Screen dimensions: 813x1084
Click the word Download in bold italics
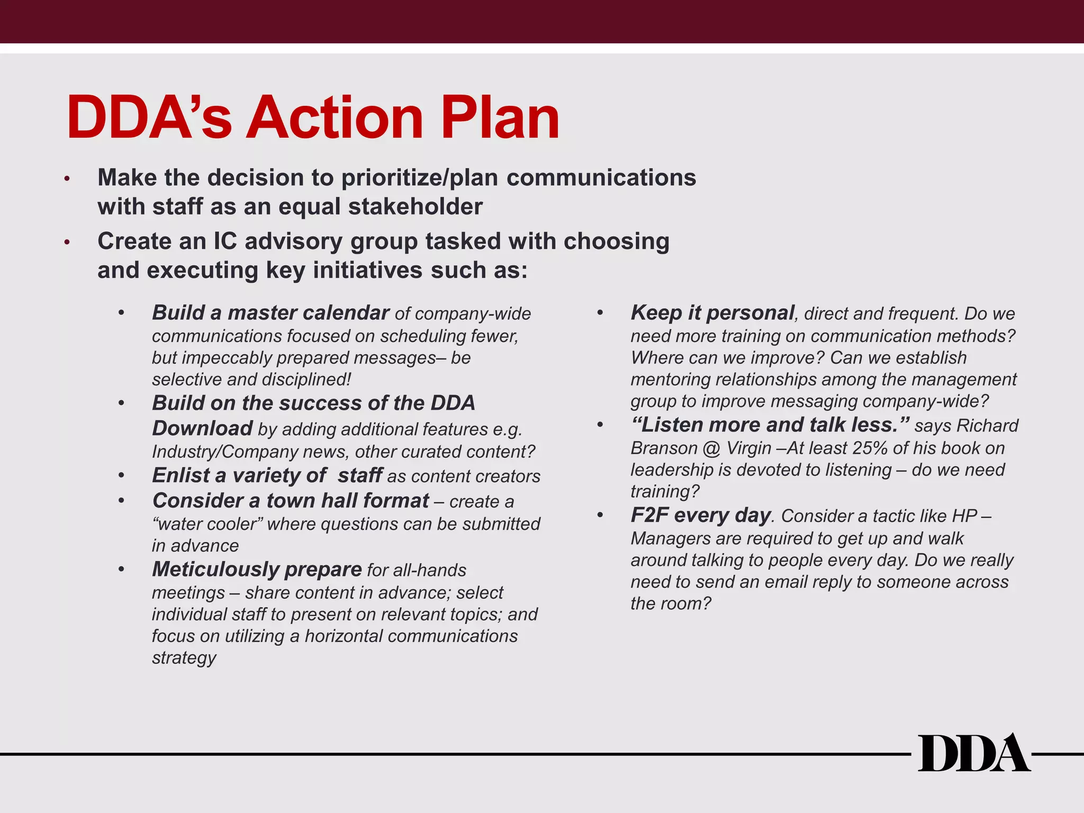[x=202, y=428]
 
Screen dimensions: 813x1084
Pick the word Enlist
[x=181, y=475]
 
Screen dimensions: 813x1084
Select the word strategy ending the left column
[x=184, y=657]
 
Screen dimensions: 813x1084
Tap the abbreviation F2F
[x=649, y=515]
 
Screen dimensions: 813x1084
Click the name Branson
[x=664, y=448]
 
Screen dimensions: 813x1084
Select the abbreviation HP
[x=964, y=516]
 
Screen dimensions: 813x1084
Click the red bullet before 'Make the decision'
[x=67, y=179]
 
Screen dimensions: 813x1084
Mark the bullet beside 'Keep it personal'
[x=600, y=313]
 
